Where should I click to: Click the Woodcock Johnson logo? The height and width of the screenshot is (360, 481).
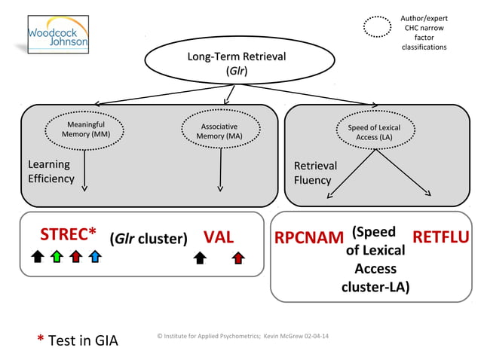coord(58,34)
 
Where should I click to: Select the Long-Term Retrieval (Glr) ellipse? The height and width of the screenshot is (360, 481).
coord(236,63)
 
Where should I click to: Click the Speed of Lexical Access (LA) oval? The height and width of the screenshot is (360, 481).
coord(374,133)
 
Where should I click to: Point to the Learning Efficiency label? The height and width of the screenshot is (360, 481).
coord(51,172)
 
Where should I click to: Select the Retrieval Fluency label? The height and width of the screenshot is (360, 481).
coord(315,172)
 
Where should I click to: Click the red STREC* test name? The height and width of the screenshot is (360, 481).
coord(68,234)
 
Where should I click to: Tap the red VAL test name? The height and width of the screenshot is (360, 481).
coord(219,236)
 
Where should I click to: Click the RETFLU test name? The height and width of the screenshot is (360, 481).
coord(441,238)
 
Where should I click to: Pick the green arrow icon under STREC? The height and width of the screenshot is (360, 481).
coord(57,258)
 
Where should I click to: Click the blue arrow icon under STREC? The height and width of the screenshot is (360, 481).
coord(94,258)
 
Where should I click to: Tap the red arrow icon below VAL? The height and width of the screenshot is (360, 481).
coord(238,258)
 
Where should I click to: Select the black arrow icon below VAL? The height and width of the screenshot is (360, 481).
coord(200,258)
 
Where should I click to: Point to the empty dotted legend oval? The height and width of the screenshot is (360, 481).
coord(377,27)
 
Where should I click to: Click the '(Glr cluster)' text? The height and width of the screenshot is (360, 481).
coord(149,239)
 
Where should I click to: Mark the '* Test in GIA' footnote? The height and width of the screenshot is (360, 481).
coord(78,340)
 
